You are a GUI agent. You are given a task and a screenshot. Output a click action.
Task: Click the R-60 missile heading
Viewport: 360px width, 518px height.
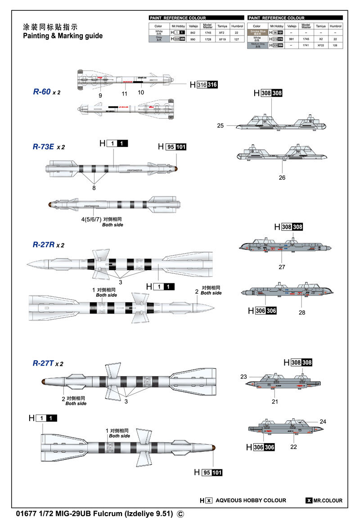42,91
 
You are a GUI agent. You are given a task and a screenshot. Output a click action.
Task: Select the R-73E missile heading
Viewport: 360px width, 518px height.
44,146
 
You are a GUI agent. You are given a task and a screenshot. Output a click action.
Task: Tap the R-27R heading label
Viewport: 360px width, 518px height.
44,245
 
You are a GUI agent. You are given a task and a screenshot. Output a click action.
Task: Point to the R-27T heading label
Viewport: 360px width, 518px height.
43,363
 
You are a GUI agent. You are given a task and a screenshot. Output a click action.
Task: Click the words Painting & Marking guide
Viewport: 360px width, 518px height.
63,36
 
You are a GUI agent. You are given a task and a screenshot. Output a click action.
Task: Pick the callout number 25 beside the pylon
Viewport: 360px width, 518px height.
220,126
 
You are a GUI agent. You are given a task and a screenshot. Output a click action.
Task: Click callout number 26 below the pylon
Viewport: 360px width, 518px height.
282,177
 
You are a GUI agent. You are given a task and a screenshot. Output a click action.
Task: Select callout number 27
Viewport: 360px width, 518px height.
282,267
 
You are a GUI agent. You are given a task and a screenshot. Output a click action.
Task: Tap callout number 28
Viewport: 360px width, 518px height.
301,312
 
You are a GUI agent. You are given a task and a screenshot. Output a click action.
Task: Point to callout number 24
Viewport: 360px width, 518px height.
323,422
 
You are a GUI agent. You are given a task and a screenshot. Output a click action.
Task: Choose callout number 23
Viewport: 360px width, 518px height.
244,377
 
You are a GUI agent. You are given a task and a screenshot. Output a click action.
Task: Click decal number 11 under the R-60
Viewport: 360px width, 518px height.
125,94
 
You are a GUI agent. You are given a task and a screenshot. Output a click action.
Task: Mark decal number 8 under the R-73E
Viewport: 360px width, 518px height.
94,187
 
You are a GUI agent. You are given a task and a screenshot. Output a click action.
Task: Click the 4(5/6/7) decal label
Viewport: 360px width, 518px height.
90,219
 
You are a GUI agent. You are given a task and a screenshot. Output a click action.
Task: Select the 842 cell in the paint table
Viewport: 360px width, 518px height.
193,33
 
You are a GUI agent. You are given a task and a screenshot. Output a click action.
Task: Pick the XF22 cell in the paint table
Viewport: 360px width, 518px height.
320,45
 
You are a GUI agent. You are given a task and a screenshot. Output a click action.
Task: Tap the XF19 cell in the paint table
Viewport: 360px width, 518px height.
221,39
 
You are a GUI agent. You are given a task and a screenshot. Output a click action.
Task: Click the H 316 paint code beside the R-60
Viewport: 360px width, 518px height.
203,85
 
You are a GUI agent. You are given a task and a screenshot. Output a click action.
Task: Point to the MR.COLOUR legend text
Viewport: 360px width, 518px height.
327,500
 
